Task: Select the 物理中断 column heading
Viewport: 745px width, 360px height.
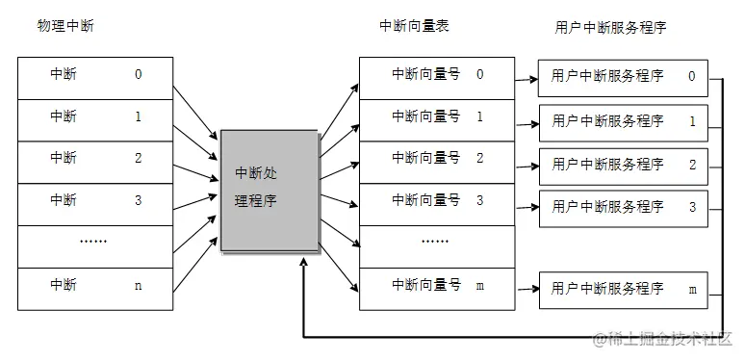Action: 64,26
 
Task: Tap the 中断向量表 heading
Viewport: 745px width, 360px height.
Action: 413,26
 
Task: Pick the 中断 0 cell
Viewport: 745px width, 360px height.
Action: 95,75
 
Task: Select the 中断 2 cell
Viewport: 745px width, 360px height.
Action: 95,159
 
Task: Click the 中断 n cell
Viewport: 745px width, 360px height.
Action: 95,285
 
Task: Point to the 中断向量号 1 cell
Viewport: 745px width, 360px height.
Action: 437,116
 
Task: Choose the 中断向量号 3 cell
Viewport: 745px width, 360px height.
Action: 437,200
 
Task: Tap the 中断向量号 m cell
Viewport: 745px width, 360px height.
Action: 437,285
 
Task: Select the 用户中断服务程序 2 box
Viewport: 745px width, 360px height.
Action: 623,165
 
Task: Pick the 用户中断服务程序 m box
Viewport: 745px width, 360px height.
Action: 623,290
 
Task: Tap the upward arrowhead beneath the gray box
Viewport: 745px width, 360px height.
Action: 304,269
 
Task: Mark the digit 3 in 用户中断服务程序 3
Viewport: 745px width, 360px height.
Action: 692,207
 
